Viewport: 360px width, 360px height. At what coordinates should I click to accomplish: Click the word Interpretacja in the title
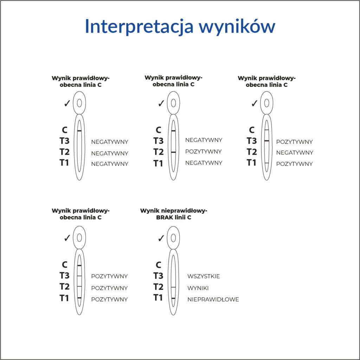coord(139,26)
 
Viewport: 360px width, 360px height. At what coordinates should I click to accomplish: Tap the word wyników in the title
coord(237,26)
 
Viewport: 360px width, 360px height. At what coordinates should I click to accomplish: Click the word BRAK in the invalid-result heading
coord(164,217)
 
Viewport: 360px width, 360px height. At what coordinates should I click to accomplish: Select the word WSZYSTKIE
coord(204,276)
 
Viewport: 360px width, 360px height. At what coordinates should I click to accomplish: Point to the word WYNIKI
coord(198,288)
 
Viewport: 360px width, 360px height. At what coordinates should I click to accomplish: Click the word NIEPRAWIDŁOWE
coord(213,300)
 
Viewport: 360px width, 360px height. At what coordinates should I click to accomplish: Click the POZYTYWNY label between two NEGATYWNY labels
coord(204,152)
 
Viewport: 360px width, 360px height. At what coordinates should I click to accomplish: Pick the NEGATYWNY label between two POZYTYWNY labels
coord(295,153)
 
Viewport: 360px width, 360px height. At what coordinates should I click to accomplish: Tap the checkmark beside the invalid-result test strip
coord(161,238)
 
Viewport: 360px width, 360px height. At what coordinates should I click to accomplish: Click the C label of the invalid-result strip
coord(159,265)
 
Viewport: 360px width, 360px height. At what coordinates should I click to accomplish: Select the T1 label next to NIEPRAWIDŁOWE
coord(158,298)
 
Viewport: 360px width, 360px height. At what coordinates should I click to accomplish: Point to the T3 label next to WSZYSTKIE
coord(158,276)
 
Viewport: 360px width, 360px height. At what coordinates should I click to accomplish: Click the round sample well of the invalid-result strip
coord(173,238)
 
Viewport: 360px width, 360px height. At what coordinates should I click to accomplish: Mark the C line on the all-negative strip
coord(79,131)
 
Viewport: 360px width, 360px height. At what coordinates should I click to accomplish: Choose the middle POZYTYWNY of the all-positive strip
coord(109,288)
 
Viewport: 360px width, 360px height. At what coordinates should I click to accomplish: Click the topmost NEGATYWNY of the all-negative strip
coord(110,142)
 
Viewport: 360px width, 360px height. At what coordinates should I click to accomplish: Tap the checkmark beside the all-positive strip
coord(67,238)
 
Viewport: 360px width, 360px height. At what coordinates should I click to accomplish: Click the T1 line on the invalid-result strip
coord(173,298)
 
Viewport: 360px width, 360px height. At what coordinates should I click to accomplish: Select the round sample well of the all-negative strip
coord(79,103)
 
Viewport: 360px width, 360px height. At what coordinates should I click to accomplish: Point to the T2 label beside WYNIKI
coord(159,287)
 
